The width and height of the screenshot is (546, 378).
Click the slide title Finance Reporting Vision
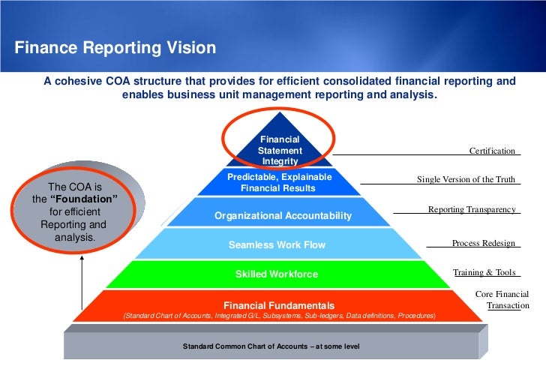115,49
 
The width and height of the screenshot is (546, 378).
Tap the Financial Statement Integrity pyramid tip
280,150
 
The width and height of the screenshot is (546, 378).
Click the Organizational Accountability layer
283,216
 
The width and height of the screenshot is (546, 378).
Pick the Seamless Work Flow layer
277,245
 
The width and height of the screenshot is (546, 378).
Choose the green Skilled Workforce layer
277,274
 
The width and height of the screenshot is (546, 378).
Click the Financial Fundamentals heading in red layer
279,305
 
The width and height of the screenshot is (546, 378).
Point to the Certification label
492,151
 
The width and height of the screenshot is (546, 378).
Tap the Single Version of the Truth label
466,180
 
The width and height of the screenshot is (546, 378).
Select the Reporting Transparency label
472,209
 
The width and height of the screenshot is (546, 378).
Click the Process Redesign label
484,244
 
